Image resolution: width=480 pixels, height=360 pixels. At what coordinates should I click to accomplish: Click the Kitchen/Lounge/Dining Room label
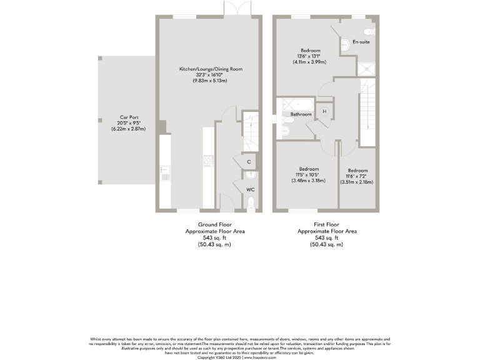coord(211,69)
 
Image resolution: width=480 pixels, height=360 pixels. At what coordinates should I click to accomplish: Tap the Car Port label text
coord(128,117)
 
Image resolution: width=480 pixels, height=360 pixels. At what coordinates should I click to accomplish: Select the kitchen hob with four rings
coord(208,161)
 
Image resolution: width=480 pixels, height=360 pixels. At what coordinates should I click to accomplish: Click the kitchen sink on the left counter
coord(165,171)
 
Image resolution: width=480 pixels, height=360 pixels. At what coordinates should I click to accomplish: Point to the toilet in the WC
coord(251,201)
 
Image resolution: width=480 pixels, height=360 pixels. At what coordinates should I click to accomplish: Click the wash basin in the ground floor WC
coord(249,174)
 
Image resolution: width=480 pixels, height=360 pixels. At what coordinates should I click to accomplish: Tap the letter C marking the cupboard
coord(249,162)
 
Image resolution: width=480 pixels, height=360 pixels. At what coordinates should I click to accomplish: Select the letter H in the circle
coord(324,112)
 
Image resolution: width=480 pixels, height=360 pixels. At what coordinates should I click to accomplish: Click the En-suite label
coord(361,42)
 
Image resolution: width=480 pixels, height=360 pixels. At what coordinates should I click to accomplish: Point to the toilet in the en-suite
coord(368,32)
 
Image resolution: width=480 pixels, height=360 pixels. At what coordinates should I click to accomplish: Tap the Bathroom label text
coord(301,114)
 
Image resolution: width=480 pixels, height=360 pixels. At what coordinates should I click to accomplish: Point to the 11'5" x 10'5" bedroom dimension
coord(309,175)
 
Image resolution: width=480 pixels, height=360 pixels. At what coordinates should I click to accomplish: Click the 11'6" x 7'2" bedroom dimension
coord(357,176)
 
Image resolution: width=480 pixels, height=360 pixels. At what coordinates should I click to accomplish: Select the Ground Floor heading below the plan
coord(214,224)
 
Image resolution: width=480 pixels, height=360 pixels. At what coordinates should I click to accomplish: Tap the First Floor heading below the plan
coord(326,224)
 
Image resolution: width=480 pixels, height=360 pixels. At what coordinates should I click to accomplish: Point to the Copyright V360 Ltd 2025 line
coord(239,357)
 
